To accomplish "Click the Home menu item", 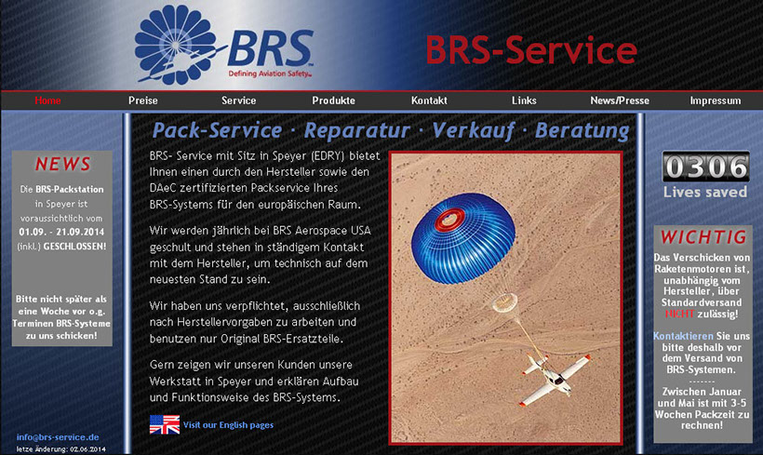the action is tap(47, 100).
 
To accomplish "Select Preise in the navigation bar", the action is tap(143, 100).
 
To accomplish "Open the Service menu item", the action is tap(238, 100).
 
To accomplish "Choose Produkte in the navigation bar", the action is tap(333, 100).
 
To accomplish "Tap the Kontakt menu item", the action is tap(429, 100).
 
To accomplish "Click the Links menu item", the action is tap(524, 100).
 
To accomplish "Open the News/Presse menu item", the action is tap(620, 100).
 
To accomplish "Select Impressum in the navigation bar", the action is tap(716, 100).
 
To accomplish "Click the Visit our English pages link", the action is tap(228, 425).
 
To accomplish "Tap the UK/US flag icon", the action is tap(165, 424).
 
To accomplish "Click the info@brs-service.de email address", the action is tap(58, 437).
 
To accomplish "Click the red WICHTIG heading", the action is tap(703, 237).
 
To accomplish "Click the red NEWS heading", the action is tap(62, 165).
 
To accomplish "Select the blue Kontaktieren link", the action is tap(683, 336).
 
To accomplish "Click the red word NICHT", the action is tap(679, 314).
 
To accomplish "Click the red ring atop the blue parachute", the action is tap(449, 220).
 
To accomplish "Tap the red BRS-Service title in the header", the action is tap(531, 50).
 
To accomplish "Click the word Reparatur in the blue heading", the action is tap(356, 130).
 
